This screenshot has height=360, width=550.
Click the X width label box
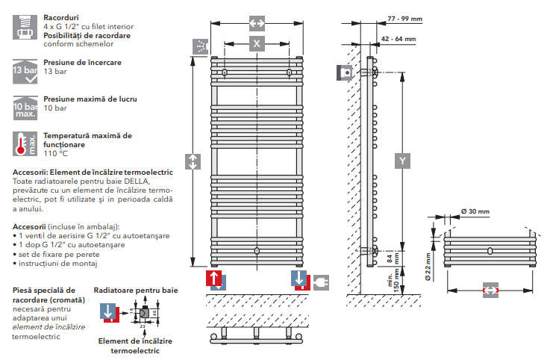(x=257, y=44)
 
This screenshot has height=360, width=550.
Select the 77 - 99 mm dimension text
(x=404, y=19)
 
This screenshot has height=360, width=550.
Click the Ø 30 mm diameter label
(x=475, y=212)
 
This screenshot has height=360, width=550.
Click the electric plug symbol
(x=322, y=282)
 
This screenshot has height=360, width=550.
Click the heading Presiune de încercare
(x=82, y=63)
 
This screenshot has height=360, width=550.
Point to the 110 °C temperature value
(x=55, y=153)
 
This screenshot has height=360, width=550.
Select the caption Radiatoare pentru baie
(x=135, y=289)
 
